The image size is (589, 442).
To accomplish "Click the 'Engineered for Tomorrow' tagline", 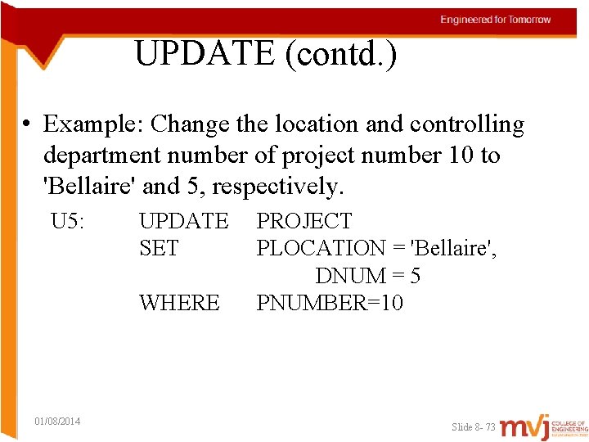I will point(496,20).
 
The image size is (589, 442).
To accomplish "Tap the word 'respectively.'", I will point(278,186).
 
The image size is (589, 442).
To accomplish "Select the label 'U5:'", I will point(69,221).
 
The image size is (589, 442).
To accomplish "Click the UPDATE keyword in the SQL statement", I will point(184,221).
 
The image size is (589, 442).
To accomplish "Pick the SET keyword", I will point(159,248).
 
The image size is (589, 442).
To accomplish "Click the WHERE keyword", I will point(179,303).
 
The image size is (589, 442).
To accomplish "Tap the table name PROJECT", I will point(304,221).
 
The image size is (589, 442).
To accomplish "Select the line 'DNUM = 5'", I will point(368,276).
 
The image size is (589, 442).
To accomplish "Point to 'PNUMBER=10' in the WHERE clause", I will point(330,303).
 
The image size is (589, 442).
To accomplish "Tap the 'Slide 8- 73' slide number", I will point(474,427).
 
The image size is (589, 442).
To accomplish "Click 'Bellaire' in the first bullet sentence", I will point(89,186).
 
